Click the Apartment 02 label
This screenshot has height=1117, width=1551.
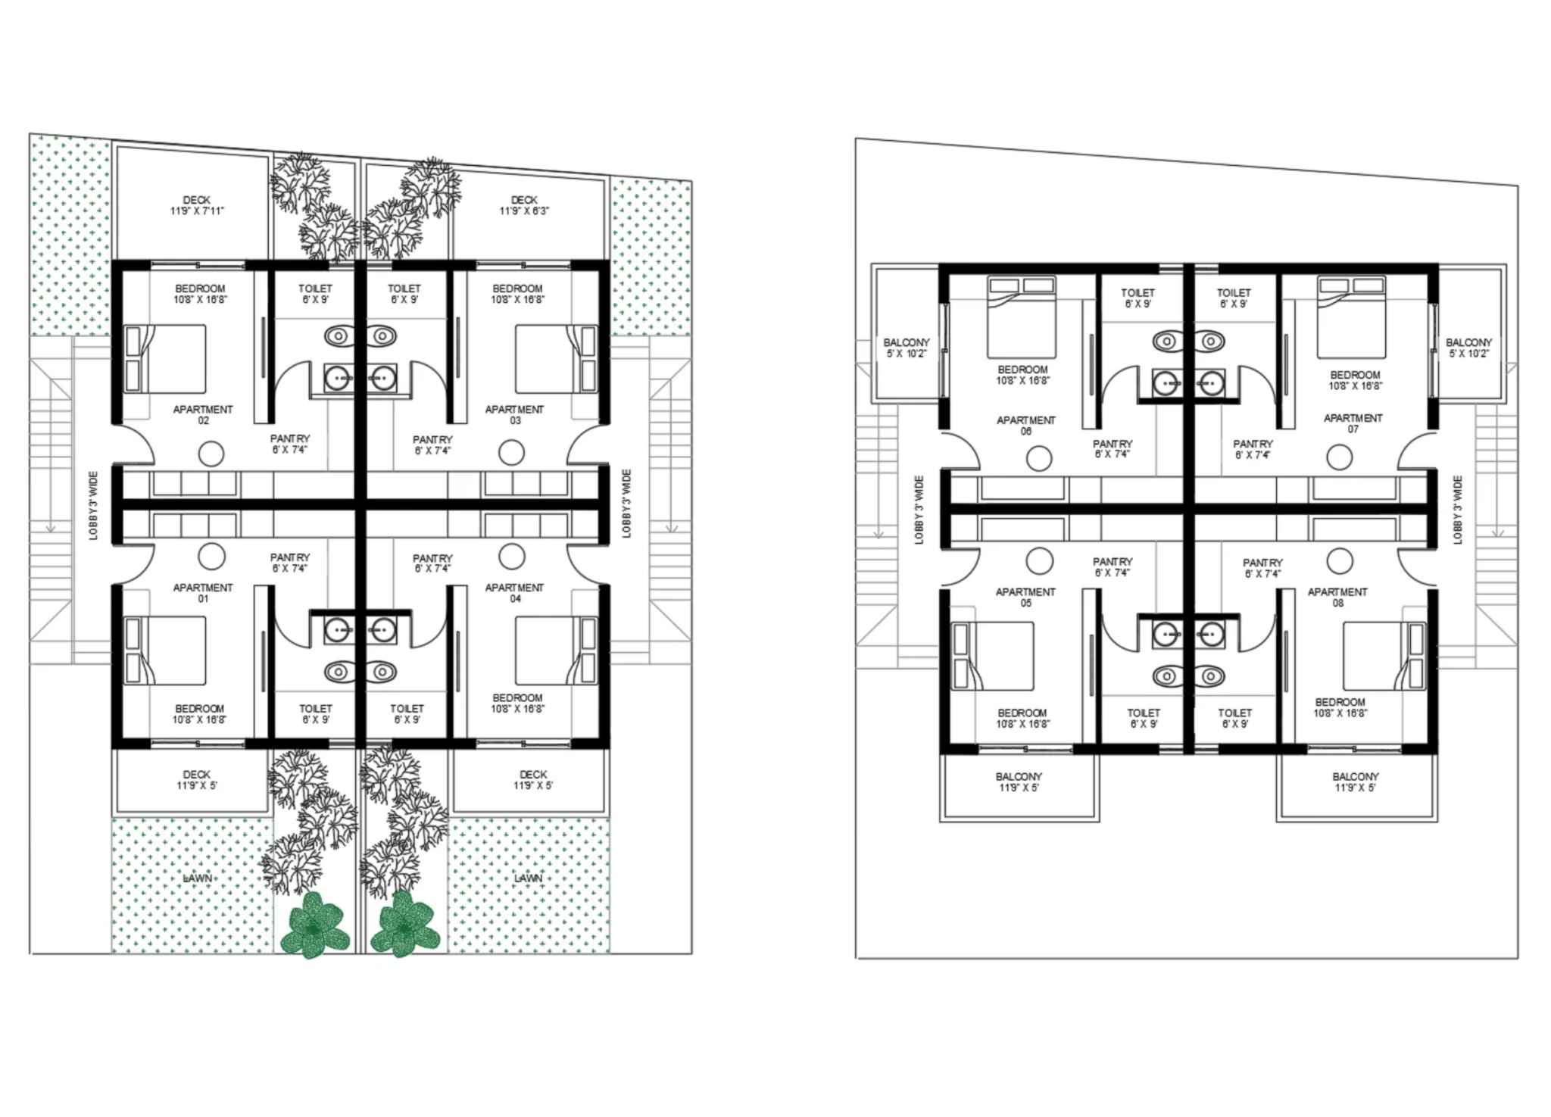click(203, 415)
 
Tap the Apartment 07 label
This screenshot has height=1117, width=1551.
click(1353, 423)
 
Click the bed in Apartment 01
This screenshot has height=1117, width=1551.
click(165, 651)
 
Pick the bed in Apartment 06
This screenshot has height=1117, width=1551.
click(1022, 317)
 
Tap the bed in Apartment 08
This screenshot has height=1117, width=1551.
click(1384, 657)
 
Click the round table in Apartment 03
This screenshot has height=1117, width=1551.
click(512, 453)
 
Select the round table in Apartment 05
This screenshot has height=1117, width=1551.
click(1039, 561)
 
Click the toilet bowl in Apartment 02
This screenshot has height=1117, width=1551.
click(339, 335)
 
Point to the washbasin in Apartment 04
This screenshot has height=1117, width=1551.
click(382, 629)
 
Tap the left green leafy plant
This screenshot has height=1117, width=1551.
click(314, 925)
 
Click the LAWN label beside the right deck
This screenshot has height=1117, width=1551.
click(529, 878)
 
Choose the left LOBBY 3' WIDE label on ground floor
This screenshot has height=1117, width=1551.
click(93, 505)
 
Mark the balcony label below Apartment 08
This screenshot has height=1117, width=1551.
click(1355, 782)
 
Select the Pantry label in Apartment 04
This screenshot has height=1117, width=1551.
click(432, 563)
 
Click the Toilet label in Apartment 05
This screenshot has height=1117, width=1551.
click(1144, 719)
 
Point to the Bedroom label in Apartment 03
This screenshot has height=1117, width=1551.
click(517, 294)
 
